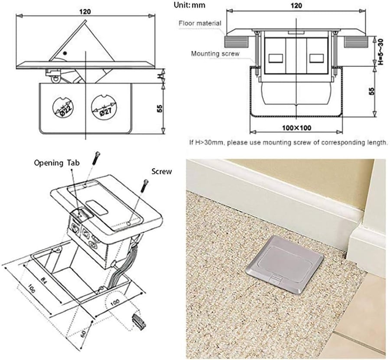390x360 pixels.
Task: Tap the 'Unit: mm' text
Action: click(189, 5)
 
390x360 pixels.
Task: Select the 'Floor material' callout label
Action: click(200, 23)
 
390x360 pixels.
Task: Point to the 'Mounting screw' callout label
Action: click(215, 53)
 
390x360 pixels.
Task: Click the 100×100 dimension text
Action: click(296, 128)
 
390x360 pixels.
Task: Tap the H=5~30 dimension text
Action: click(380, 51)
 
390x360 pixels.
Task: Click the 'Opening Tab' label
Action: click(57, 163)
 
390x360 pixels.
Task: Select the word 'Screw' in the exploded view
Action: click(162, 171)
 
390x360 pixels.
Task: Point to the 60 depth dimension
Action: click(84, 333)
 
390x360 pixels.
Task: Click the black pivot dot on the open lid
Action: click(65, 53)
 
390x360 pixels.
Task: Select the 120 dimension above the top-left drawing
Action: click(85, 12)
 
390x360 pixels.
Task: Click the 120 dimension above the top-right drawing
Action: click(296, 6)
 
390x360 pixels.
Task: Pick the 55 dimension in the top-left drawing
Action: click(159, 108)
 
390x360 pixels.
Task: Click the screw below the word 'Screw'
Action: click(144, 186)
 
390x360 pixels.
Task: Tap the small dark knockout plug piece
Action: click(139, 322)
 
